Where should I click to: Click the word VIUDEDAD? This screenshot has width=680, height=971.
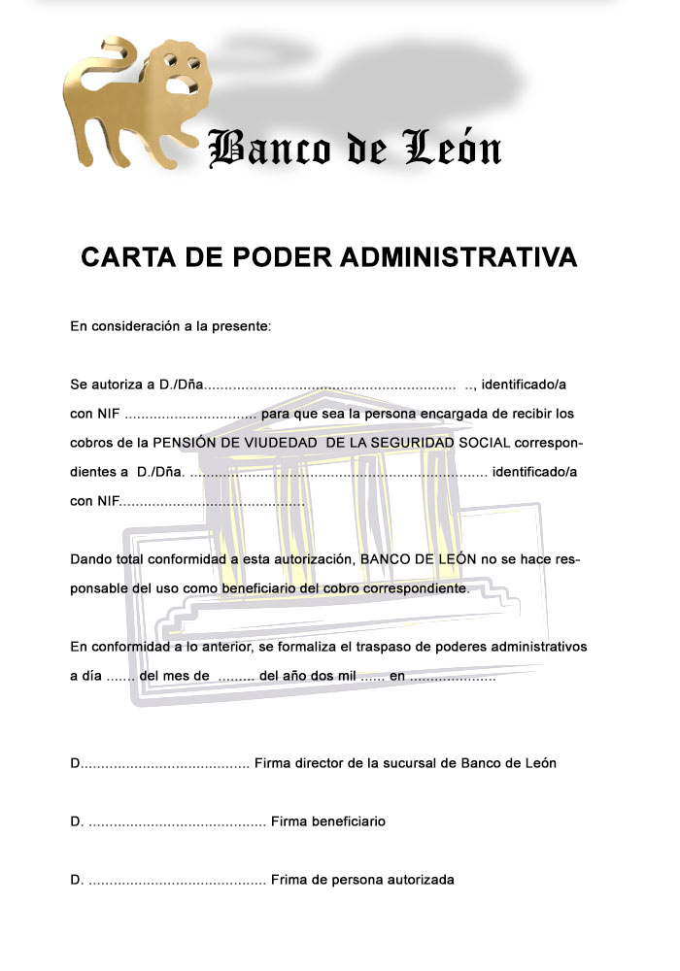coord(281,443)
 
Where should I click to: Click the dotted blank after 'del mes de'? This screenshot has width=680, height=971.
coord(236,676)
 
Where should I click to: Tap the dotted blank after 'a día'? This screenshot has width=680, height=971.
coord(119,676)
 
